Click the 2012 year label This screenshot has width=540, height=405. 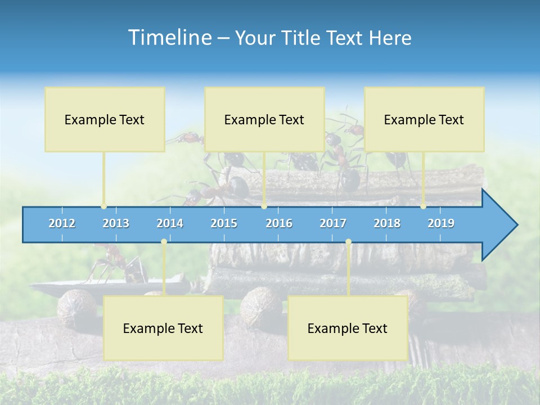tap(62, 223)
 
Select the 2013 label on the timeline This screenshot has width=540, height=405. tap(116, 223)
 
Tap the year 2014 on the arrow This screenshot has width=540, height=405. tap(170, 223)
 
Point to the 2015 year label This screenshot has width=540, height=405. tap(224, 223)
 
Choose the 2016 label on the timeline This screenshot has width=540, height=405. tap(279, 223)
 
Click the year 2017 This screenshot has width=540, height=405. tap(333, 223)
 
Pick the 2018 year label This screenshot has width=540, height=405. tap(387, 223)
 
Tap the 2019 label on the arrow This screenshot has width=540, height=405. tap(441, 223)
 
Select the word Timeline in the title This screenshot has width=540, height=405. tap(169, 38)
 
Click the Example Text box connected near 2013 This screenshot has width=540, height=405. tap(105, 119)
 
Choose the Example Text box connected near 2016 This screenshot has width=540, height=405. tap(264, 119)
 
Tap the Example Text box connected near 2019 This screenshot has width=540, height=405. tap(424, 119)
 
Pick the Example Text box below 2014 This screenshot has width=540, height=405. tap(163, 328)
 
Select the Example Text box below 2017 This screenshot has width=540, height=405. tap(348, 328)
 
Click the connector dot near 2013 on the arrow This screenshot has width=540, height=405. tap(103, 206)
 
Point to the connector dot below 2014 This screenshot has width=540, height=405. tap(164, 242)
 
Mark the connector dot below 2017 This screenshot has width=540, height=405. tap(348, 242)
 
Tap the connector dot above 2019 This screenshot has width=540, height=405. tap(423, 206)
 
